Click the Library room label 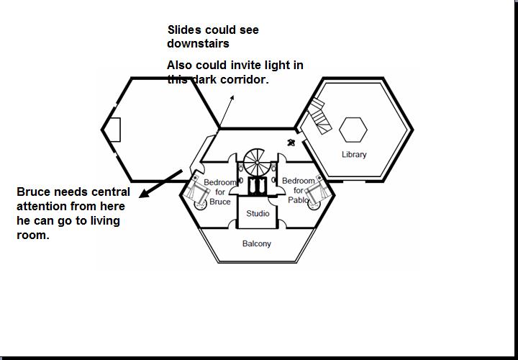354,155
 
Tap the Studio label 258,214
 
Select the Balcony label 257,244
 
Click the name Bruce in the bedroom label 220,202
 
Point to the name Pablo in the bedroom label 298,199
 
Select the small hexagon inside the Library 353,130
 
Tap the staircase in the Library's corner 318,116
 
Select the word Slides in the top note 184,30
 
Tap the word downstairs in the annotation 199,44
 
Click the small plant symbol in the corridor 291,142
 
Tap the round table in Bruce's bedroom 202,204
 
